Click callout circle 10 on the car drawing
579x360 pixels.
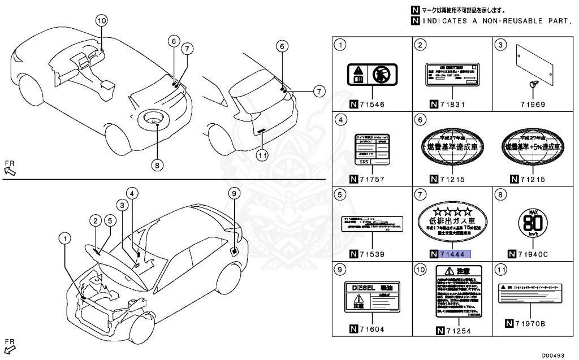101,21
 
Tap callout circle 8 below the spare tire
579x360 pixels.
157,165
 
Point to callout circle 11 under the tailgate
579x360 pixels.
262,154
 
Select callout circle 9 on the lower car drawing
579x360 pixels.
234,194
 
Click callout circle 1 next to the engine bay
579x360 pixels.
67,239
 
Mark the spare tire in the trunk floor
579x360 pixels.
154,118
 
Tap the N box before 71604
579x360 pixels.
353,329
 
